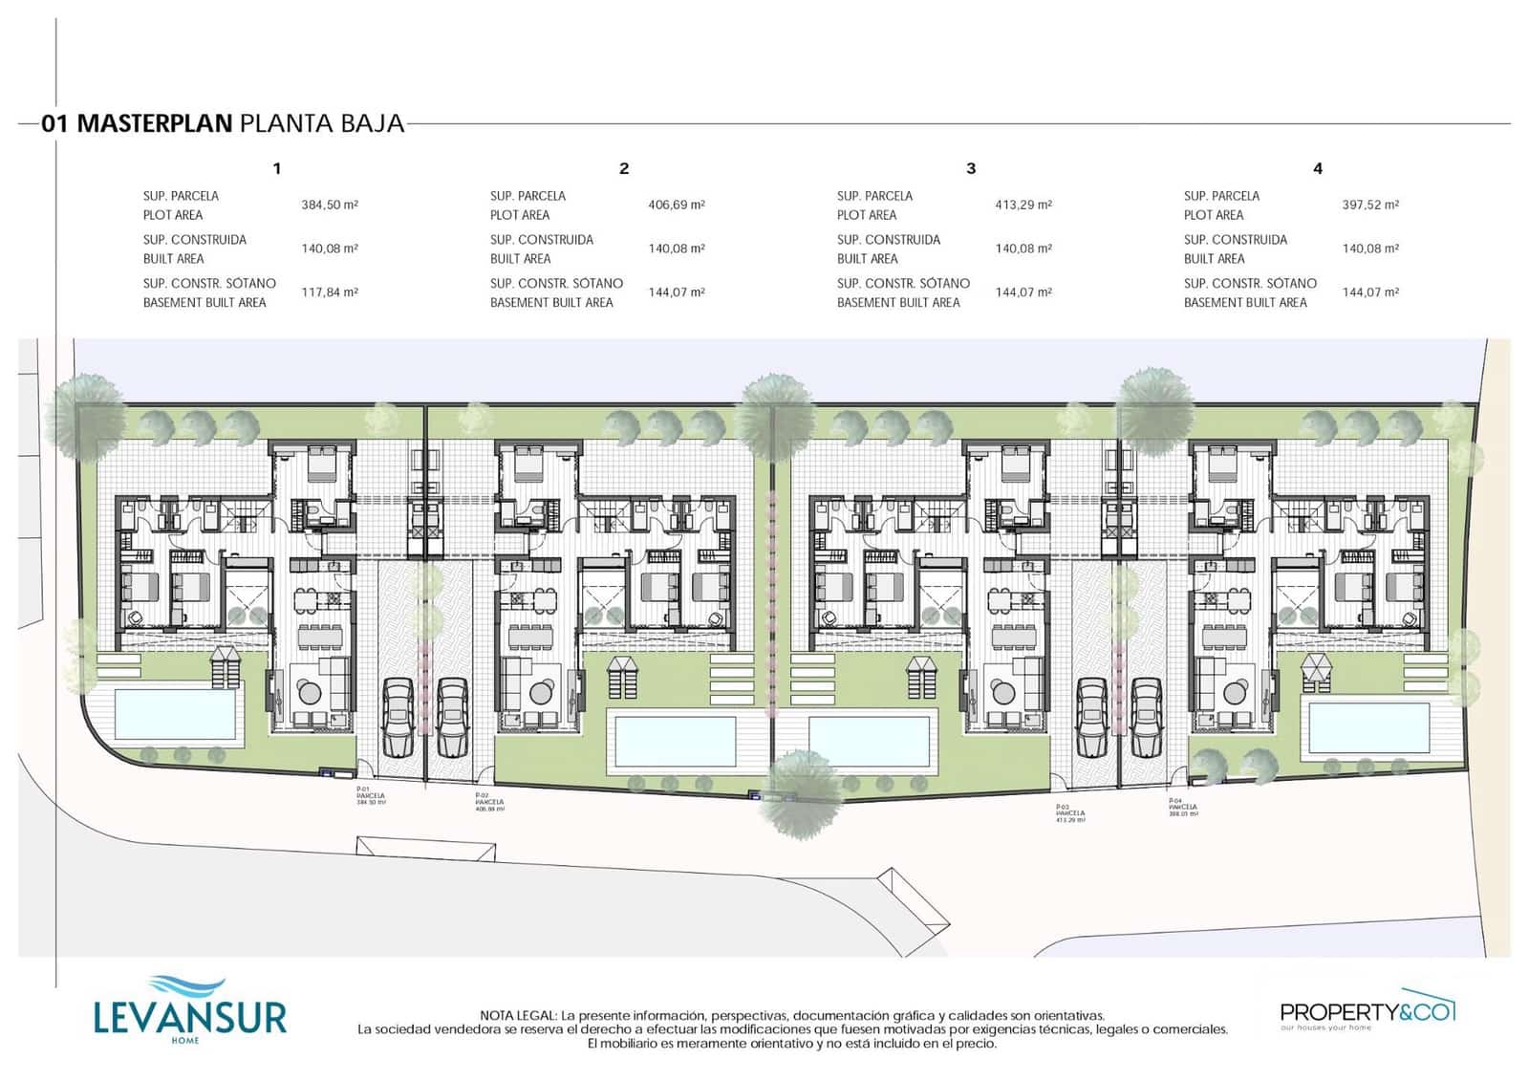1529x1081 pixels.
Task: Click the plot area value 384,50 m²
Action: click(329, 205)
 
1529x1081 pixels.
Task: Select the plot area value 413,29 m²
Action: click(1023, 205)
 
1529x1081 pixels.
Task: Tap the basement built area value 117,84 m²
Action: click(329, 292)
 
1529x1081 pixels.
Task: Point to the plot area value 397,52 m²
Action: click(1369, 205)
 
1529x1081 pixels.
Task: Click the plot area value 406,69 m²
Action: click(676, 205)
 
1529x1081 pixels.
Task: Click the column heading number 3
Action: click(971, 168)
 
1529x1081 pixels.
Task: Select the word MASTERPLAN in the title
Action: click(154, 123)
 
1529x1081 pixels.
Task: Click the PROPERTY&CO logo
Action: click(1367, 1011)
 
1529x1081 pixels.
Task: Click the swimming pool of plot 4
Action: click(1368, 727)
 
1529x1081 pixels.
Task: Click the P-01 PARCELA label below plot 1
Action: click(371, 795)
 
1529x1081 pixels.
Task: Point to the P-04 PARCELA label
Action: click(1182, 807)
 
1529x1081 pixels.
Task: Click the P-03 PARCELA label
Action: click(1069, 813)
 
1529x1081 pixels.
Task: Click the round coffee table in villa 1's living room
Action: click(310, 690)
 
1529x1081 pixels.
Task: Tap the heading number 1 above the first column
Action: click(277, 168)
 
